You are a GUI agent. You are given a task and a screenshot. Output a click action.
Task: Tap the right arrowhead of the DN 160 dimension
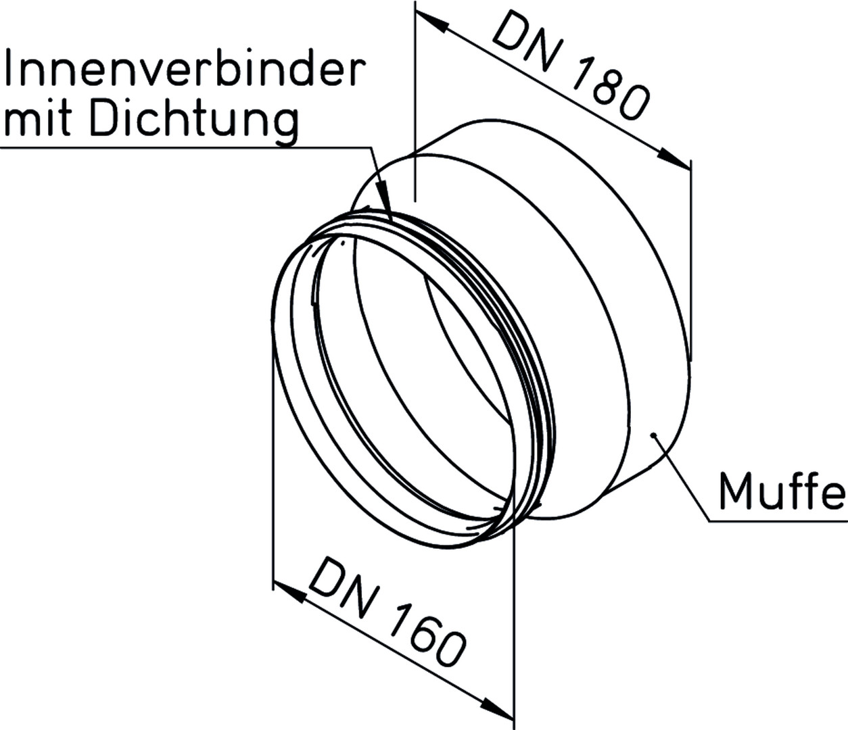(497, 706)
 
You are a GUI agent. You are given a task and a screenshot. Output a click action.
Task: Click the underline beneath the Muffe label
(778, 522)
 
